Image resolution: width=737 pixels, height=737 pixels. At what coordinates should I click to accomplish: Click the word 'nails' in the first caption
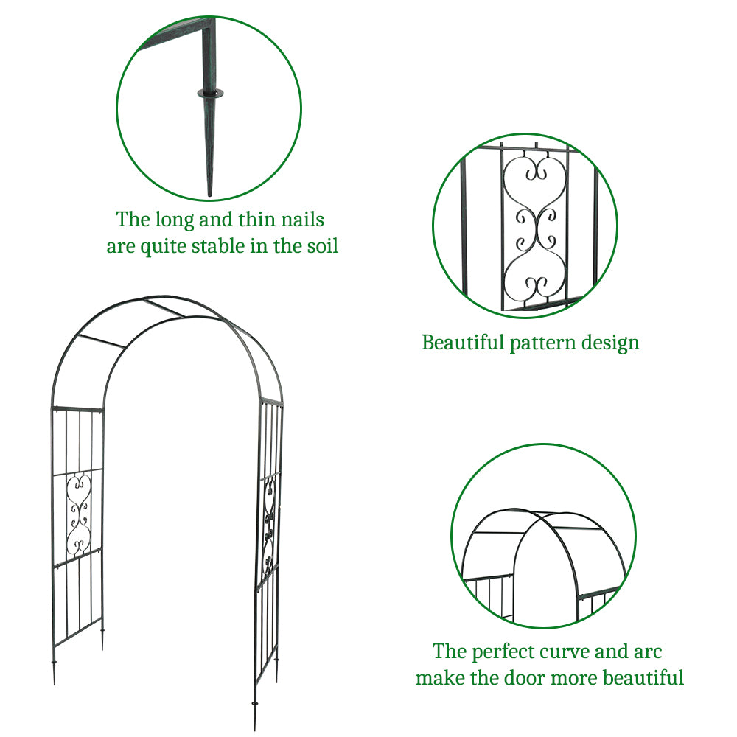point(298,220)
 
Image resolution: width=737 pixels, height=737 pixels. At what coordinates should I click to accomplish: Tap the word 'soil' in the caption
point(321,246)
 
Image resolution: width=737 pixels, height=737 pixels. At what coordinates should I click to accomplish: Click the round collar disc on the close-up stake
point(209,94)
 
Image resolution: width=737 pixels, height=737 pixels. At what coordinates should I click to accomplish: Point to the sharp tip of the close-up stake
point(209,193)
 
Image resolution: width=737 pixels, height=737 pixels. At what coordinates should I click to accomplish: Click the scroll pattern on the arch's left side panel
point(78,516)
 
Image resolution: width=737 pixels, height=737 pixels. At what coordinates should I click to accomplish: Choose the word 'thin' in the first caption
point(255,220)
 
